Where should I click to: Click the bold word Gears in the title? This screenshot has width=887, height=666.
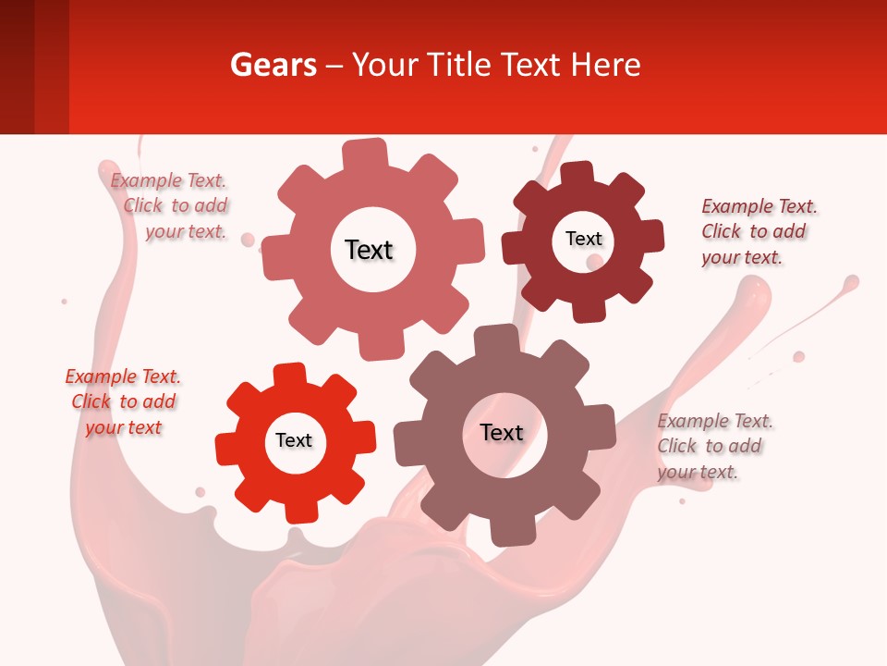[273, 65]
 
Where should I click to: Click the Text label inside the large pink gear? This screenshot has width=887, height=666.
[369, 250]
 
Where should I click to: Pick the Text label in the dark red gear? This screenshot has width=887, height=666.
[583, 239]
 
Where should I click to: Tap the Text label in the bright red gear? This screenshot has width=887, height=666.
[294, 440]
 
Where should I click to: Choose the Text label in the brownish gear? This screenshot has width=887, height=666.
[502, 432]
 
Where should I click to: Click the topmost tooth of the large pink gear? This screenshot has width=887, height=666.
[365, 153]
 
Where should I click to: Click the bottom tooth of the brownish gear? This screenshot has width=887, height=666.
[508, 531]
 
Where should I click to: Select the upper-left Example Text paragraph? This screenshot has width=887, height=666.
[171, 206]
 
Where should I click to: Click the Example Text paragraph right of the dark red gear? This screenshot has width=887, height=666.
[758, 231]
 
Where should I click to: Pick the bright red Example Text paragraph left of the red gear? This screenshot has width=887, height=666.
[123, 401]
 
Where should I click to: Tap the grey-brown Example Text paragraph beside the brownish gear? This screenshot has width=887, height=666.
[713, 446]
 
